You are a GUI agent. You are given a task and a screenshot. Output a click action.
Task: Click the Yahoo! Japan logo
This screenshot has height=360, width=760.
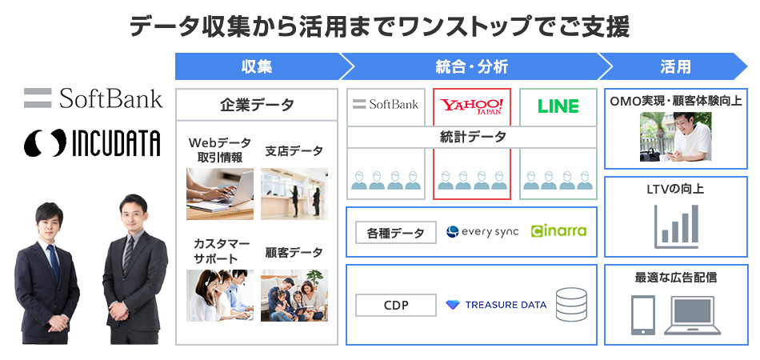(x=472, y=106)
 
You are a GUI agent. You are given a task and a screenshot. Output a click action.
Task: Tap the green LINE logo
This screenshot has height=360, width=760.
(x=558, y=106)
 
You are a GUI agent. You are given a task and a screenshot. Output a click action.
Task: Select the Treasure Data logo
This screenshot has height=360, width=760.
(x=496, y=305)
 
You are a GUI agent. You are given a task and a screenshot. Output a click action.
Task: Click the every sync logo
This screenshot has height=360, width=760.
(x=482, y=232)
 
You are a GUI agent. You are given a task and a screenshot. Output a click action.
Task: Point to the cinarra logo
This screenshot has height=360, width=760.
(x=558, y=231)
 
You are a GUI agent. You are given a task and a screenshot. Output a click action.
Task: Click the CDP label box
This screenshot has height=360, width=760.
(x=396, y=305)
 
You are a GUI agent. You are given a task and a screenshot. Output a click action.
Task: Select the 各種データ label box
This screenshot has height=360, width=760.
(x=396, y=232)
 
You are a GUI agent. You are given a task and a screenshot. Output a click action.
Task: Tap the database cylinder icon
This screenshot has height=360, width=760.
(x=570, y=305)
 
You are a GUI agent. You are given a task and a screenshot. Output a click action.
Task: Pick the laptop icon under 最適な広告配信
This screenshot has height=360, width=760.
(x=693, y=315)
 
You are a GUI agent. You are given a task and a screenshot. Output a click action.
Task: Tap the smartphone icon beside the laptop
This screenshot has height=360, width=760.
(x=644, y=315)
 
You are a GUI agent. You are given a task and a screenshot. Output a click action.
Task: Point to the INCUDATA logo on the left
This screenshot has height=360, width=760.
(x=92, y=142)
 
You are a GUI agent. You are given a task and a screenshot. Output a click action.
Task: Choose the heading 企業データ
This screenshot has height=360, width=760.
(x=257, y=105)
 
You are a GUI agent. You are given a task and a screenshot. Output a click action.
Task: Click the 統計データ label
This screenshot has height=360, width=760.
(x=472, y=137)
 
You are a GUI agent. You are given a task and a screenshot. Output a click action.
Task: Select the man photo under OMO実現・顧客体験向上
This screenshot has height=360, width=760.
(x=675, y=136)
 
